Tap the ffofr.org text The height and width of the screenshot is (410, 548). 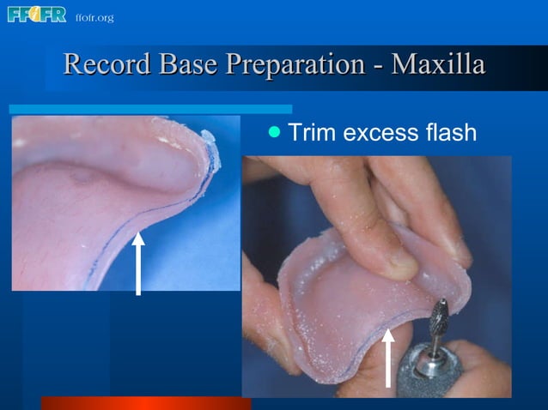(x=94, y=18)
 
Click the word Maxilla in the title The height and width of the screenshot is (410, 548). (x=438, y=65)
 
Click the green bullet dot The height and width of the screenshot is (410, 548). (x=274, y=132)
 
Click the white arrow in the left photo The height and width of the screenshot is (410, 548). (x=137, y=262)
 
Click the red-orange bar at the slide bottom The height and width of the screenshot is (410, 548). (x=145, y=403)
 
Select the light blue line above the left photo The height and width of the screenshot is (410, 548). (x=150, y=109)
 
